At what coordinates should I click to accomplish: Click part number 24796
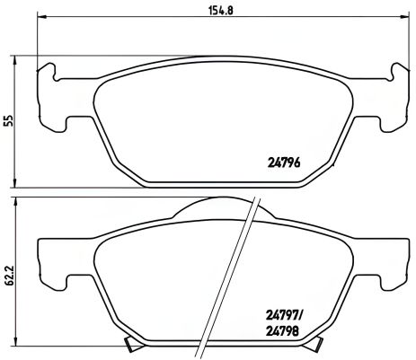[x=285, y=162]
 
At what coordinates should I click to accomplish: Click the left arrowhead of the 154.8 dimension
[x=40, y=24]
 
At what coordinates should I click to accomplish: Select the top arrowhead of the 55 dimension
[x=19, y=57]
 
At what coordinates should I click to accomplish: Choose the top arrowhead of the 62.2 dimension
[x=19, y=203]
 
